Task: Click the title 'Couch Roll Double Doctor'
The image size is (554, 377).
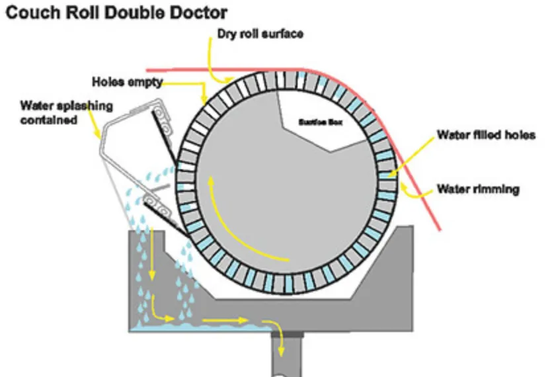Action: pyautogui.click(x=116, y=13)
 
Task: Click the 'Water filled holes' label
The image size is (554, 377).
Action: pyautogui.click(x=485, y=135)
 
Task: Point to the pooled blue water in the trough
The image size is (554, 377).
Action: pyautogui.click(x=198, y=325)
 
